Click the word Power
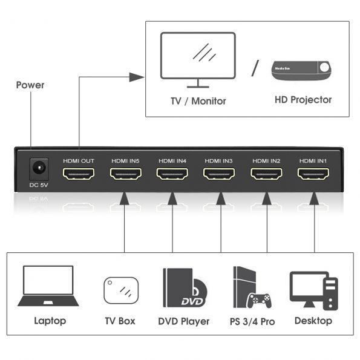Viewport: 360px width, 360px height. coord(30,85)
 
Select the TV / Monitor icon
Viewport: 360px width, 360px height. coord(197,60)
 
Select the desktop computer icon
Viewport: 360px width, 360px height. coord(313,289)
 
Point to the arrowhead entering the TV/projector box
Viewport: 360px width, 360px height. coord(139,77)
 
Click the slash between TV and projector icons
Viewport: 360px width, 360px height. coord(254,67)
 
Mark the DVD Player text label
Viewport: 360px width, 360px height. coord(183,321)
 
